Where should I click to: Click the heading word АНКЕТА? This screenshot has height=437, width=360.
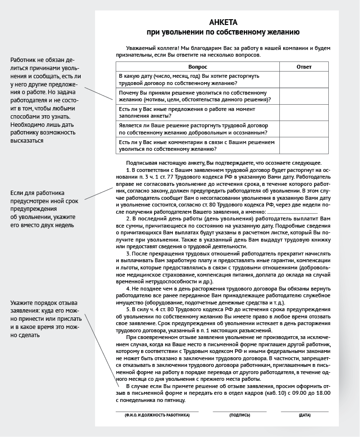click(224, 23)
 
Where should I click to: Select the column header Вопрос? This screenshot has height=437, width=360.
click(198, 66)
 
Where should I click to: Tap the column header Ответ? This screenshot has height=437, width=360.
click(304, 66)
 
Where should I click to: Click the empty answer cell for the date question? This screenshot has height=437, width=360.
click(304, 79)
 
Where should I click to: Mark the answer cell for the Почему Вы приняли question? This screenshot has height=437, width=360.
click(304, 96)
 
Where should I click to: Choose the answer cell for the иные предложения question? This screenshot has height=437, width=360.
click(304, 112)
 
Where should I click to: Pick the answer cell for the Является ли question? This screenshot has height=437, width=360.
click(304, 129)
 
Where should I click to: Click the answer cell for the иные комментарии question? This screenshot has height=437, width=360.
click(304, 146)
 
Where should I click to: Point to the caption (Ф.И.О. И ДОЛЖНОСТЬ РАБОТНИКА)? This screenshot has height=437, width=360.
click(157, 415)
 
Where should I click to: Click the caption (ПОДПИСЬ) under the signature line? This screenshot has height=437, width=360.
click(240, 415)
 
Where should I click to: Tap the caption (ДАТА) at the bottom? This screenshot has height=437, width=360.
click(304, 415)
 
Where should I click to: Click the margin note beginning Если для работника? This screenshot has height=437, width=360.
click(42, 209)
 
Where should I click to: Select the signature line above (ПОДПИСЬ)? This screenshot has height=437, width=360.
click(240, 411)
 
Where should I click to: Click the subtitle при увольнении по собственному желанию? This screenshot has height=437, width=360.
click(224, 32)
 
